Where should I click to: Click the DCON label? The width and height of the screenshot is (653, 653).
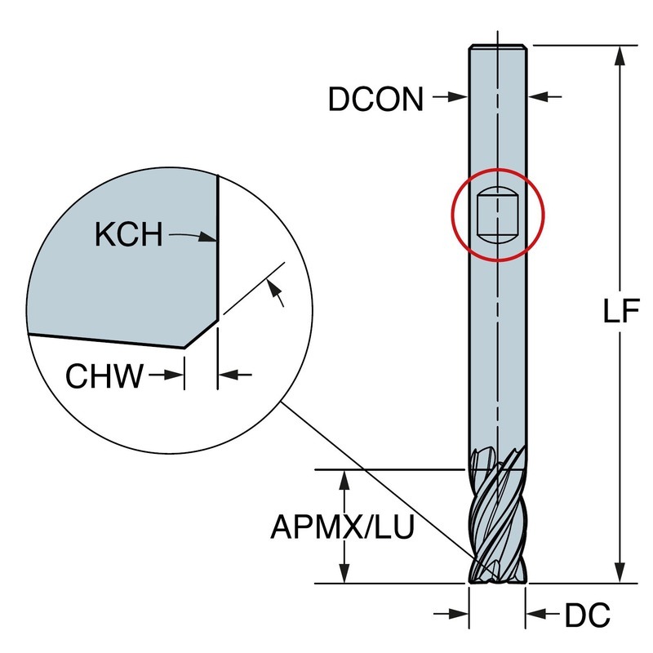(x=375, y=99)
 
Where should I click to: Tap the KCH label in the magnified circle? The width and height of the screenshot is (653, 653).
(x=128, y=236)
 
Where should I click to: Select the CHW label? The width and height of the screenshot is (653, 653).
(x=104, y=376)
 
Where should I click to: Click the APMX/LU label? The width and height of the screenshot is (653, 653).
(x=342, y=527)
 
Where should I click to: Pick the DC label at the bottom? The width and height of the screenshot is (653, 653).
(x=587, y=616)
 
